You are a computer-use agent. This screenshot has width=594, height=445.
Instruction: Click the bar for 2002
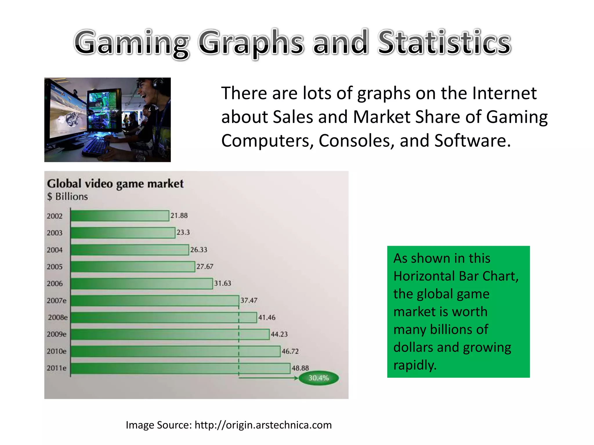(120, 216)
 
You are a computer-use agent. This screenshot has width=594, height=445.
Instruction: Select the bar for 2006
(142, 284)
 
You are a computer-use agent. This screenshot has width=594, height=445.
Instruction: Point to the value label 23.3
(183, 232)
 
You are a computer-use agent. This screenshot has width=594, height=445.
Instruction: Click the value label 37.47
(249, 300)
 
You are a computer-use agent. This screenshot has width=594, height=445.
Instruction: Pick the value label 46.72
(290, 351)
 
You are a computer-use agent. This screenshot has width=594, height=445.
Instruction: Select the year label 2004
(55, 250)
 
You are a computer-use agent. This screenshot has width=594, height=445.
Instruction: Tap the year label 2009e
(57, 334)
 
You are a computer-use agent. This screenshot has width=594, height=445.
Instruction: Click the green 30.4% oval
(318, 378)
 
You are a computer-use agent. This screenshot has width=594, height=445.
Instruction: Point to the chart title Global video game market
(115, 184)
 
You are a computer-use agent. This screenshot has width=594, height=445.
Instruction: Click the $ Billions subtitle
(67, 197)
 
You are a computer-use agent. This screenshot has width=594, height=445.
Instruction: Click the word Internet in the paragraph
(504, 93)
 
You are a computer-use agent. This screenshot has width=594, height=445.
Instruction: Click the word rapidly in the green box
(415, 365)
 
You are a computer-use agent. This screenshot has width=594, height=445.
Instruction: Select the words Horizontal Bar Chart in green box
(456, 276)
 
